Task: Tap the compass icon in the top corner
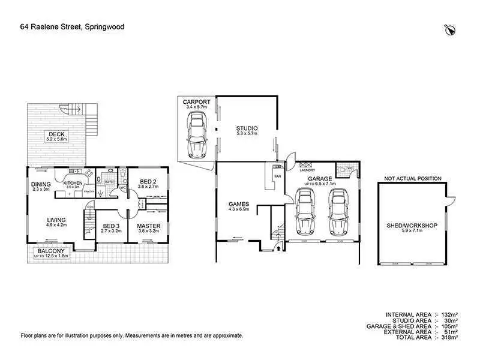[x=450, y=28]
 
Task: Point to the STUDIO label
[x=247, y=128]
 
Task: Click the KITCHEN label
[x=73, y=182]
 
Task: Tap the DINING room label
[x=41, y=184]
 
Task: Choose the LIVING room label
[x=56, y=220]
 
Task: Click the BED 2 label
[x=148, y=181]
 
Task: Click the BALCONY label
[x=51, y=251]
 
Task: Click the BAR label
[x=278, y=176]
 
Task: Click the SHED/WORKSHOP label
[x=412, y=226]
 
